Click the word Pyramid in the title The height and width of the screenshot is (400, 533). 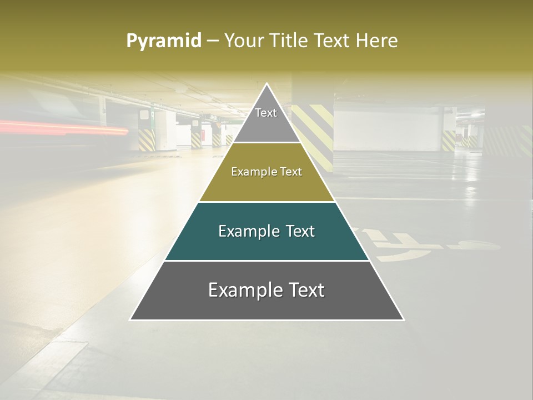point(163,41)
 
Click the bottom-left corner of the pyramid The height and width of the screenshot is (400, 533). point(131,319)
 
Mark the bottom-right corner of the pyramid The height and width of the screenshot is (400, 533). point(403,319)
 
